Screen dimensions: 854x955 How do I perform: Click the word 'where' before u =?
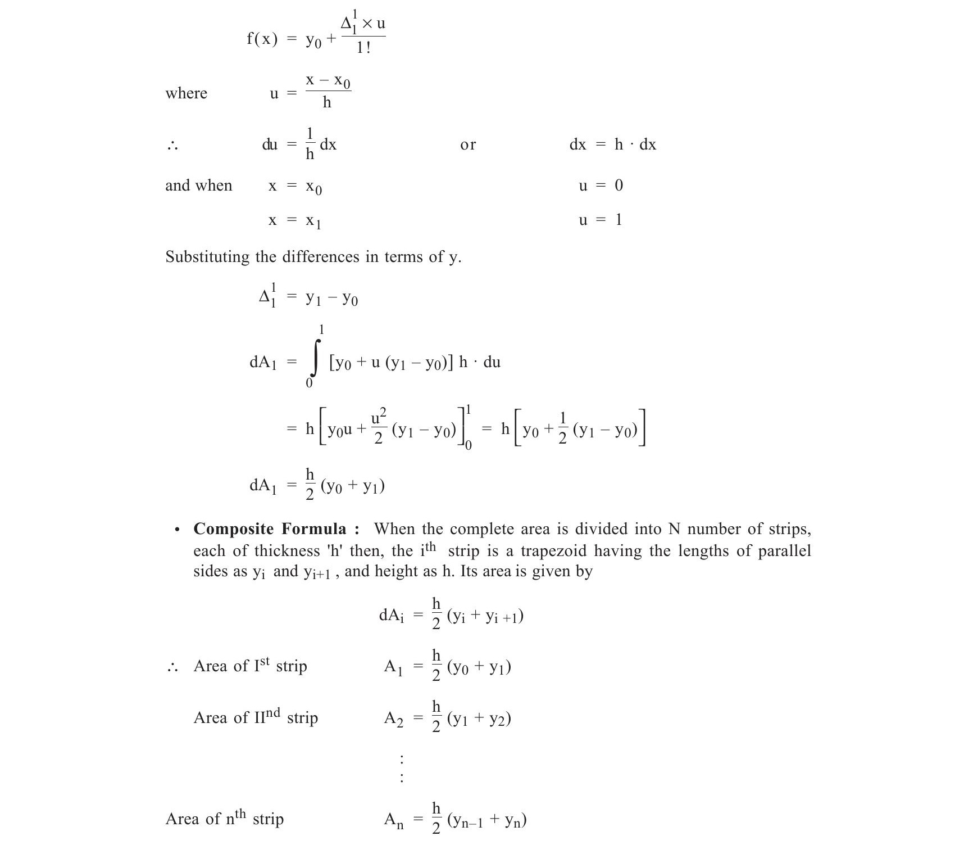(x=186, y=93)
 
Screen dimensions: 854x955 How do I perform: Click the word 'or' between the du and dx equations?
(x=467, y=145)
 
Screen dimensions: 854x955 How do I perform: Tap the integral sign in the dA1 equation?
(x=316, y=358)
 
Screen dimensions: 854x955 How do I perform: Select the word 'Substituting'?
(x=207, y=257)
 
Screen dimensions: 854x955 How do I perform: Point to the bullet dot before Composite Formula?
(x=178, y=530)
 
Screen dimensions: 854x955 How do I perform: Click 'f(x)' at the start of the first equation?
(x=262, y=39)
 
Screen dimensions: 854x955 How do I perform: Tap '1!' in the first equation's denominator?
(x=363, y=48)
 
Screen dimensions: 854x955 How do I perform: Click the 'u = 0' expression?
(x=601, y=186)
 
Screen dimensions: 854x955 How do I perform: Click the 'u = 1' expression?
(x=601, y=220)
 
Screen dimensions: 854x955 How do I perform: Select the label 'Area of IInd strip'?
(x=256, y=717)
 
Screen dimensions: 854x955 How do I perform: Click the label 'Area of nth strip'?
(x=224, y=818)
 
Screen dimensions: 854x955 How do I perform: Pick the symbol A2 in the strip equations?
(x=393, y=719)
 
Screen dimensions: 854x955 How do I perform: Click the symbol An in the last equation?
(x=393, y=820)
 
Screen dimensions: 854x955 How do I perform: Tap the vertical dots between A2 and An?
(x=401, y=769)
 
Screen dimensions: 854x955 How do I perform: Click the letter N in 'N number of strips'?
(x=674, y=529)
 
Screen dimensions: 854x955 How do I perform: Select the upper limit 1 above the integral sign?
(x=321, y=329)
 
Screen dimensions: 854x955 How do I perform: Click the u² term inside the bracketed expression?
(x=379, y=418)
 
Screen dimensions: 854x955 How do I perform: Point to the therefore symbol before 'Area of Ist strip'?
(x=172, y=667)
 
